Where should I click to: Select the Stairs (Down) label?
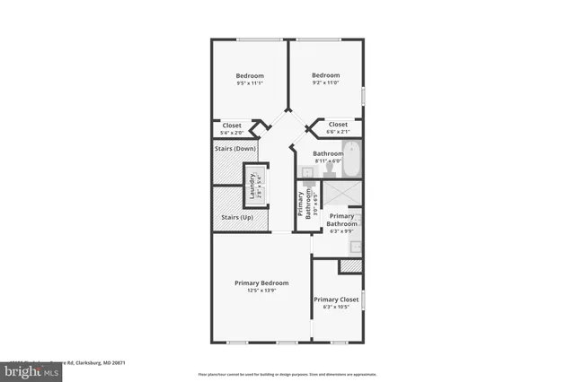(234, 148)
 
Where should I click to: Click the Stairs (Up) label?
(236, 217)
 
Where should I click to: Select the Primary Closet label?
(336, 300)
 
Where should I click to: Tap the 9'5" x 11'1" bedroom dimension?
(250, 84)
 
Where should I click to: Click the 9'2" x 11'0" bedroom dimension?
(325, 83)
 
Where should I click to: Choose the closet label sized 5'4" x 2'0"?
(232, 133)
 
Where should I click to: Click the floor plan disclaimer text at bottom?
(287, 373)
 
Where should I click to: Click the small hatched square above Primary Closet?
(349, 266)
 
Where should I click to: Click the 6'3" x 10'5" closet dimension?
(336, 308)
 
